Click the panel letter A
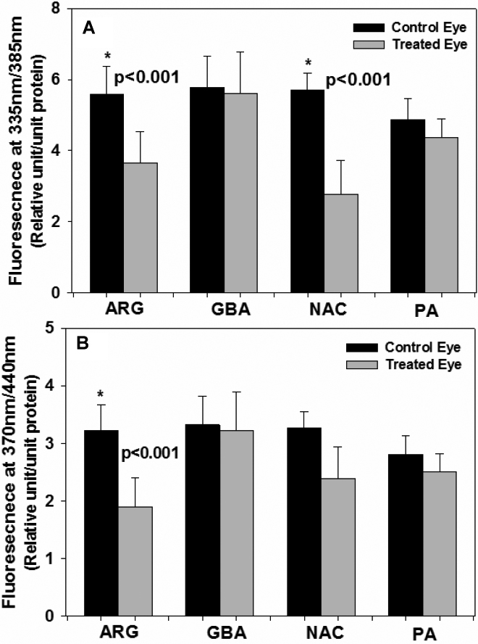pos(88,27)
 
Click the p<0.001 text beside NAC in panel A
pos(362,79)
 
